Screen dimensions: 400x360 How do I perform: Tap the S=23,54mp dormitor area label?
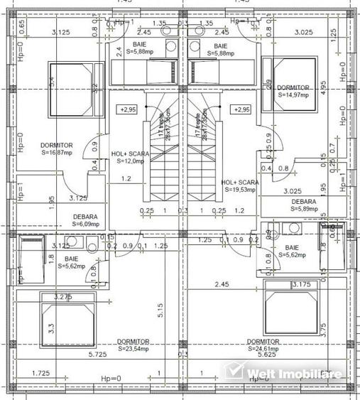[x=133, y=348]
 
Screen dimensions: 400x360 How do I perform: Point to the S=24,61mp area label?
[x=264, y=348]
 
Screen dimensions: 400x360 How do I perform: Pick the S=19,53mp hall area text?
[x=239, y=189]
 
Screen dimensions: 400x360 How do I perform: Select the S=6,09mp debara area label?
[x=84, y=225]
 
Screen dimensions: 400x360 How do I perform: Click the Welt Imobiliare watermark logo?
[x=283, y=373]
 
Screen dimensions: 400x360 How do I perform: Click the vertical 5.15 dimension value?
[x=161, y=310]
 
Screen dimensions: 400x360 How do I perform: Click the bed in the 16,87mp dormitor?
[x=71, y=90]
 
